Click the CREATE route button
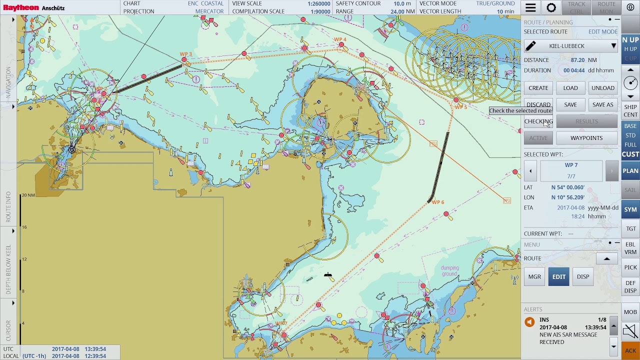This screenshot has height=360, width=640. point(538,88)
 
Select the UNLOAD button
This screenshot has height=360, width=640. point(602,88)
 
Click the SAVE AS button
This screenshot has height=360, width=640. point(602,105)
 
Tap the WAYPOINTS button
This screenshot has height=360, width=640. point(586,138)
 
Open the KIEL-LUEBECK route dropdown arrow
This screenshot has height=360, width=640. point(613,46)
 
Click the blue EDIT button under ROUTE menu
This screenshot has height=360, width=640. point(558,276)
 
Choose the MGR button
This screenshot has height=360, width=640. point(534,276)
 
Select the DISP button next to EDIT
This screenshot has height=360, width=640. point(583,276)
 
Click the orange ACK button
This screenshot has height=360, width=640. point(630,350)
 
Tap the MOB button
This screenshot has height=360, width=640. point(630,312)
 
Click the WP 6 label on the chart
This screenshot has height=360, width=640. point(437,202)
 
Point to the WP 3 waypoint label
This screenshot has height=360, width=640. point(185,54)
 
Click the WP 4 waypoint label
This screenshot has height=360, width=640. point(340,39)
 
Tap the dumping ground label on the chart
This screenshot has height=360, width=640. point(449,271)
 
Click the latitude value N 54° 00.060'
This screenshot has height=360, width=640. point(568,187)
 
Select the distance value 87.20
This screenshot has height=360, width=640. point(577,60)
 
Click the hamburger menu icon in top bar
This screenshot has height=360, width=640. point(530,7)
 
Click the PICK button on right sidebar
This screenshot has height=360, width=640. point(630,267)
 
